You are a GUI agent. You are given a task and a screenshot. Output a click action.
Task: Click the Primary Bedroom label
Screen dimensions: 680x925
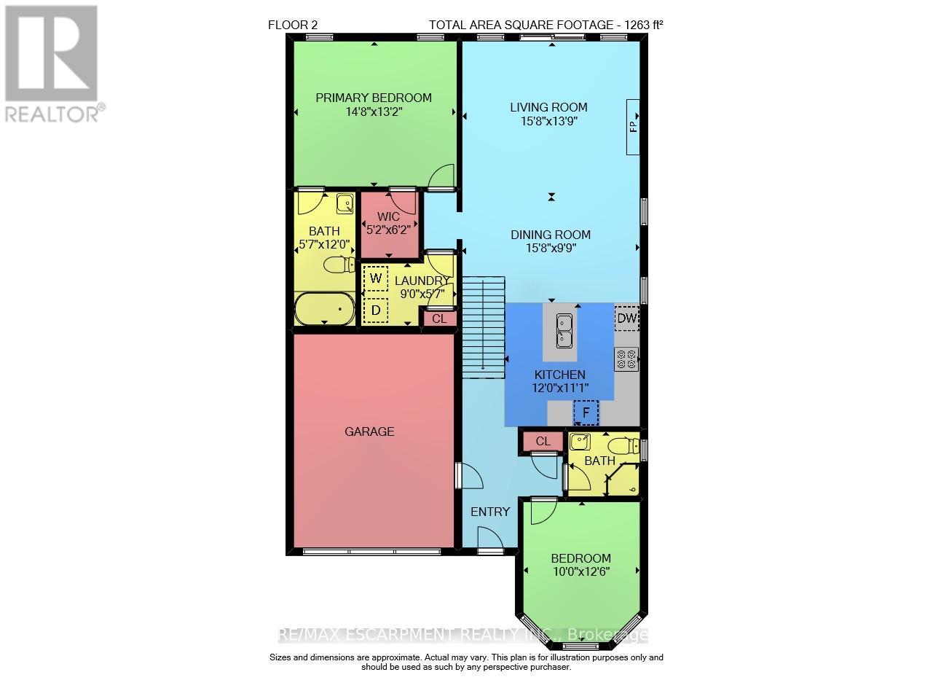tap(373, 98)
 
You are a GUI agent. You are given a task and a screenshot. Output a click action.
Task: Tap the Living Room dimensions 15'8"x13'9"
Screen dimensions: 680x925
tap(548, 122)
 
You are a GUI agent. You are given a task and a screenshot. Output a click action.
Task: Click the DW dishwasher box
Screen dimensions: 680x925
tap(626, 318)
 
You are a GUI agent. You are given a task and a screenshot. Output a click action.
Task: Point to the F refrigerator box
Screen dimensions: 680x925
tap(585, 412)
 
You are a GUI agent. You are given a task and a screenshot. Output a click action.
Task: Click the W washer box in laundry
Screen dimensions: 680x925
tap(376, 278)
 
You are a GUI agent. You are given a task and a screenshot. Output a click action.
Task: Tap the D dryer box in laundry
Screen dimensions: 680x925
tap(376, 310)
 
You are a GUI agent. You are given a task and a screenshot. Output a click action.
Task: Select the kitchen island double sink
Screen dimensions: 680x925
tap(563, 331)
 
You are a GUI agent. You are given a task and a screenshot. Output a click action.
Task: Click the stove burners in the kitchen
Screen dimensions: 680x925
tap(626, 358)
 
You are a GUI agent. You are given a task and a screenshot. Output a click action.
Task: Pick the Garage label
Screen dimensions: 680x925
tap(369, 431)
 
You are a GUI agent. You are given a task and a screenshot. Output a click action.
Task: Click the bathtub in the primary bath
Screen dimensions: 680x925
tap(325, 310)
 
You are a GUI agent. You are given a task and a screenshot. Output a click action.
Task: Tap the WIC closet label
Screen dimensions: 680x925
tap(388, 217)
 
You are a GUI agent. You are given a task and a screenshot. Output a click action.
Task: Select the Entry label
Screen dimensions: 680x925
tap(490, 512)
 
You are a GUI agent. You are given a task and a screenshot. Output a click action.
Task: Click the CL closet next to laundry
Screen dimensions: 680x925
tap(440, 318)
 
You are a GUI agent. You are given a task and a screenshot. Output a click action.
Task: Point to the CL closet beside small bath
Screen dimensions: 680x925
tap(543, 441)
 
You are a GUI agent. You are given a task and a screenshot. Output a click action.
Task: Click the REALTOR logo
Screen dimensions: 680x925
tap(51, 62)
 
